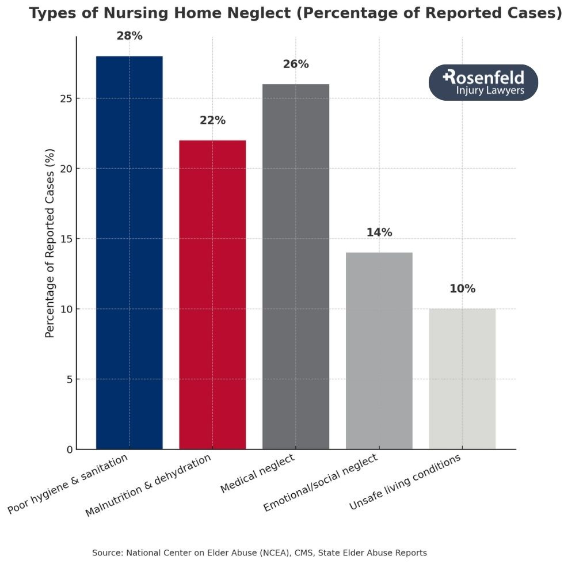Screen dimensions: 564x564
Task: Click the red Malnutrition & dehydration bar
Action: [x=212, y=294]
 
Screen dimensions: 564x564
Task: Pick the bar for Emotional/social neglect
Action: [x=379, y=350]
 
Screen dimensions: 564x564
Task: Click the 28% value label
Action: [x=129, y=36]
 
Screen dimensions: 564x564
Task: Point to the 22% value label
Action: [x=212, y=121]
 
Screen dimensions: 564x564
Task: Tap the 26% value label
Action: [x=296, y=64]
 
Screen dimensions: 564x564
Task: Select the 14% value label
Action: [x=379, y=233]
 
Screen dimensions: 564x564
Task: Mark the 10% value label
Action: [x=462, y=289]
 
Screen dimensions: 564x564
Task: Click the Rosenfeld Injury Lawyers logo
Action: [x=483, y=82]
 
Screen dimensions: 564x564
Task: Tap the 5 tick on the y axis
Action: [x=68, y=379]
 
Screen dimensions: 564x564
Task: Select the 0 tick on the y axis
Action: [x=68, y=449]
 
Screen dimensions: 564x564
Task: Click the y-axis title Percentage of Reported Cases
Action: [x=50, y=243]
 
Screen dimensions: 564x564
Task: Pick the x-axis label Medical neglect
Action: [x=257, y=474]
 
